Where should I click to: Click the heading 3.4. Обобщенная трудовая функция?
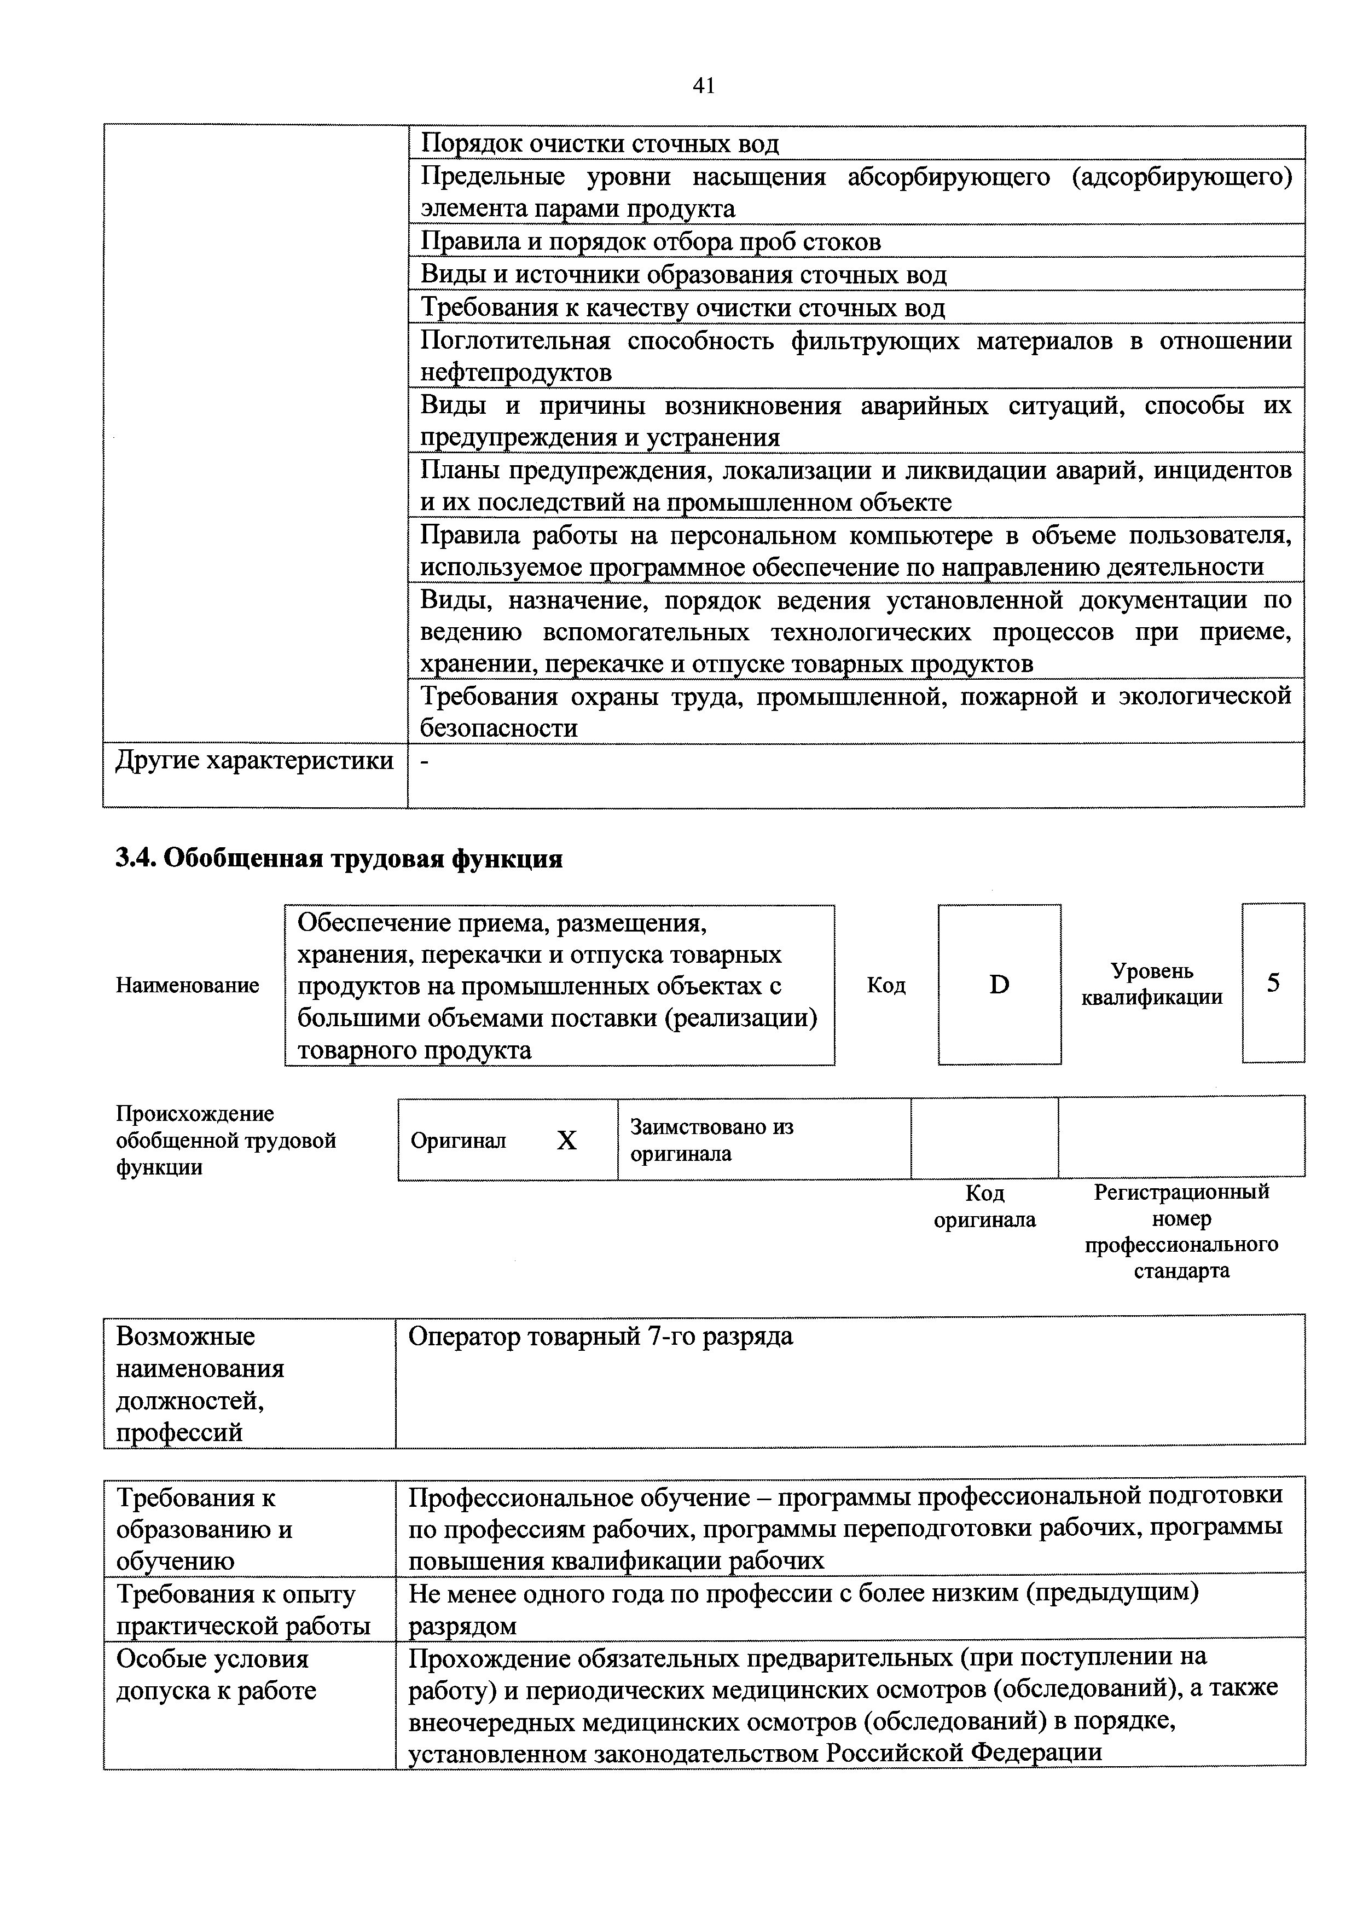click(x=339, y=859)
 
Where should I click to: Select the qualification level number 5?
click(x=1273, y=982)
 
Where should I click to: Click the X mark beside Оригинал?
click(x=567, y=1141)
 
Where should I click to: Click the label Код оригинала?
click(x=984, y=1206)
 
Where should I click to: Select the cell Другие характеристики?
click(x=254, y=761)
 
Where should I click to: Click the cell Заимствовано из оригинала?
click(x=711, y=1140)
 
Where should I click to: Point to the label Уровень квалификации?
click(x=1151, y=984)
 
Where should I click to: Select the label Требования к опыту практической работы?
click(x=242, y=1610)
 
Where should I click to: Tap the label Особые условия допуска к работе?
click(x=216, y=1675)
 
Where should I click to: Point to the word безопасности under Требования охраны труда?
click(x=498, y=728)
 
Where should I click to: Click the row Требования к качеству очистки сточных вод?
click(x=682, y=308)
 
